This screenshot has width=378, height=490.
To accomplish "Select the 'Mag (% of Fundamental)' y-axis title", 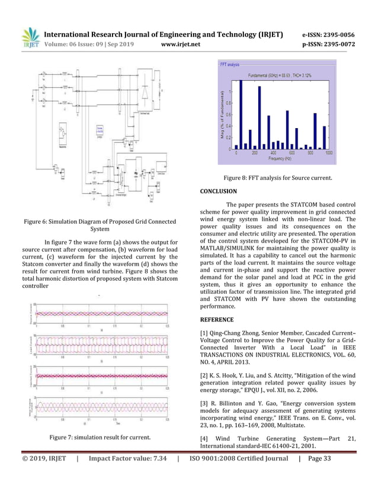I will click(x=223, y=113).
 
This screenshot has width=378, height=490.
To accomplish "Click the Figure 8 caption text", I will click(x=277, y=177).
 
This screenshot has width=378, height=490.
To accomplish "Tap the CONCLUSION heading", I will click(x=219, y=191).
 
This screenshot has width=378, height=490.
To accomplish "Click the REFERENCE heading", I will click(x=217, y=320).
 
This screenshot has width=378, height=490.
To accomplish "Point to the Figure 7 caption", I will click(x=100, y=438).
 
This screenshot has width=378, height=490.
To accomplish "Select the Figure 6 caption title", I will click(x=100, y=225).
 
